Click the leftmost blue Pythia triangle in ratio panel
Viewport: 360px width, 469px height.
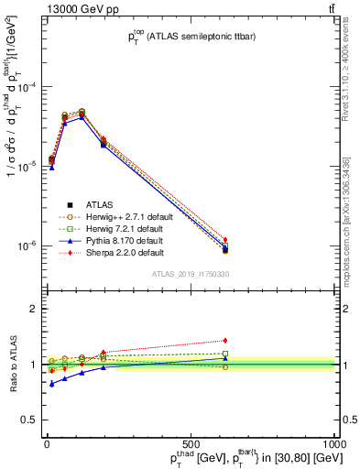click(x=51, y=384)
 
